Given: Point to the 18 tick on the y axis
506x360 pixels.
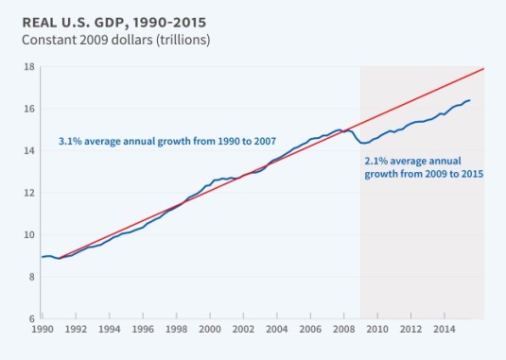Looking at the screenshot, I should point(29,67).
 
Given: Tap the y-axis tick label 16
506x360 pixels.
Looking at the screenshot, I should point(29,109).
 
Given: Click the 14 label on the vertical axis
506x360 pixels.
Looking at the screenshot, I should point(29,150).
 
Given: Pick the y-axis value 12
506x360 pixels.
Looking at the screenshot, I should point(29,193).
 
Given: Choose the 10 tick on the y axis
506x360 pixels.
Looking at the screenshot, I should point(29,234).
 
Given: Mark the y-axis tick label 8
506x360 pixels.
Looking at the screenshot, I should point(31,276).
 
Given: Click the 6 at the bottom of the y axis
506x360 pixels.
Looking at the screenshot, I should point(31,318).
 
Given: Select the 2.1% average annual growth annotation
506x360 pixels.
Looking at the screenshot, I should point(424,167).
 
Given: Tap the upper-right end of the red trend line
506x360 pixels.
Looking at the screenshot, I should point(483,69).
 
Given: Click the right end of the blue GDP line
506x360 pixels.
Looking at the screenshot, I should point(470,100).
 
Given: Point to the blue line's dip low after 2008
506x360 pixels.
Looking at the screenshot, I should point(364,143).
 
